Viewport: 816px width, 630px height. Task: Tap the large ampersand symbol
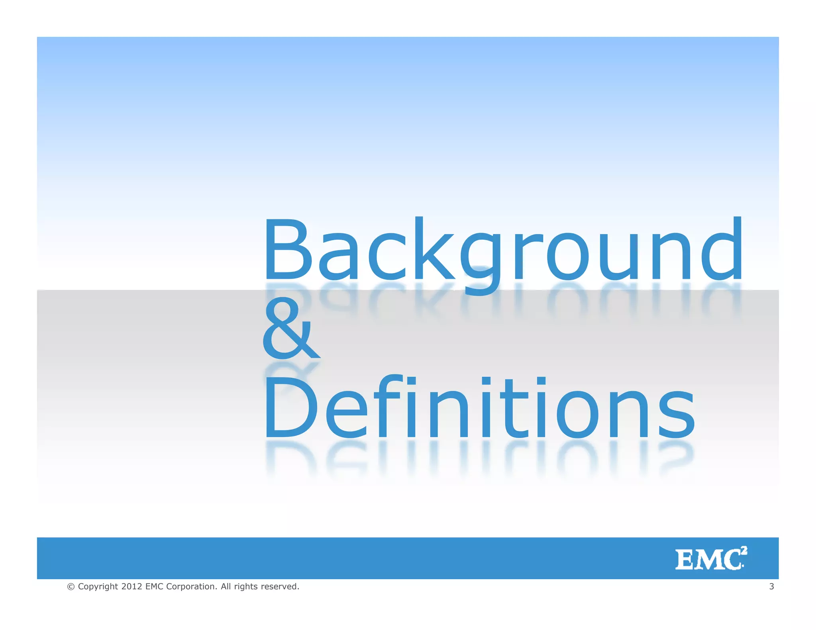290,330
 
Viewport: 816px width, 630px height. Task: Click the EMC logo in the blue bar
710,559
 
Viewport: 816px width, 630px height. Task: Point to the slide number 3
771,586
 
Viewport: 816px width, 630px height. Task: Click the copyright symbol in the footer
71,587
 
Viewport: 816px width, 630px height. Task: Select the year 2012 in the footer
131,587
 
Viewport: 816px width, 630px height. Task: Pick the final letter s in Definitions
676,414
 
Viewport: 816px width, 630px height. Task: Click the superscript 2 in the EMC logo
744,551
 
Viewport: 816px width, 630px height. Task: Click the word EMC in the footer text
155,587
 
